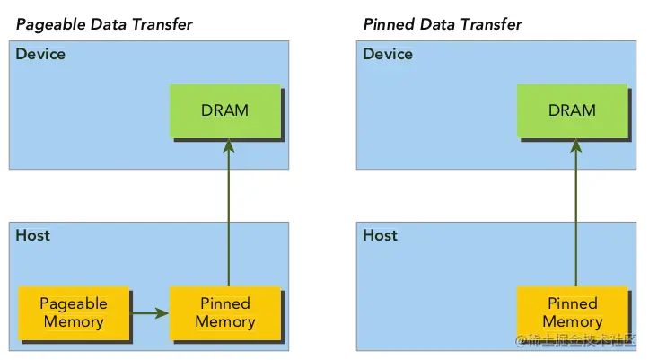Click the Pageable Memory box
[x=74, y=313]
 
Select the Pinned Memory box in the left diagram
[x=225, y=313]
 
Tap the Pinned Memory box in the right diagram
[x=573, y=313]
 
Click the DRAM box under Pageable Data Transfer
[x=225, y=111]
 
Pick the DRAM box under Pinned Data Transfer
[x=573, y=111]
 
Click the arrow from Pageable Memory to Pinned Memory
[x=149, y=313]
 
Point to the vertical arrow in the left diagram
[x=229, y=213]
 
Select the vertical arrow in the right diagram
[x=575, y=213]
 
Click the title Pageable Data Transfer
[x=104, y=24]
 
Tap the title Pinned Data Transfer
[x=443, y=24]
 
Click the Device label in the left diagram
[x=40, y=54]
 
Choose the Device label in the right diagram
[x=388, y=54]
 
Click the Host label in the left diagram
[x=32, y=235]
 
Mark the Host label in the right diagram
[x=380, y=235]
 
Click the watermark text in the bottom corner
[x=575, y=340]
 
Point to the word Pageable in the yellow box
[x=74, y=304]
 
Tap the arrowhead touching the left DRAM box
[x=229, y=145]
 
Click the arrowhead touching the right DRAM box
[x=575, y=145]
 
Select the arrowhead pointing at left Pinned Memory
[x=162, y=313]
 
